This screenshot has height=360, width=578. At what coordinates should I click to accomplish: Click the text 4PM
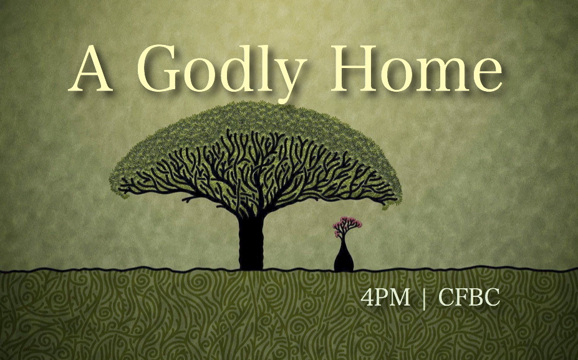tap(385, 298)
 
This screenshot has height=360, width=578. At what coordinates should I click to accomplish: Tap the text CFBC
tap(470, 298)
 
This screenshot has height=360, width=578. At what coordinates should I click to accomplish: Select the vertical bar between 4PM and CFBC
tap(425, 298)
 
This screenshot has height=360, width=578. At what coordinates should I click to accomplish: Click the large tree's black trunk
tap(251, 243)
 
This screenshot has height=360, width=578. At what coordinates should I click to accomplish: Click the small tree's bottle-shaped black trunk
tap(344, 258)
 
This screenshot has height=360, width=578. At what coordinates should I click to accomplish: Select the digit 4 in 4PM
tap(367, 298)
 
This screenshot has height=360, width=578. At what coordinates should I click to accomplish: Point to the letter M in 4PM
tap(399, 298)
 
